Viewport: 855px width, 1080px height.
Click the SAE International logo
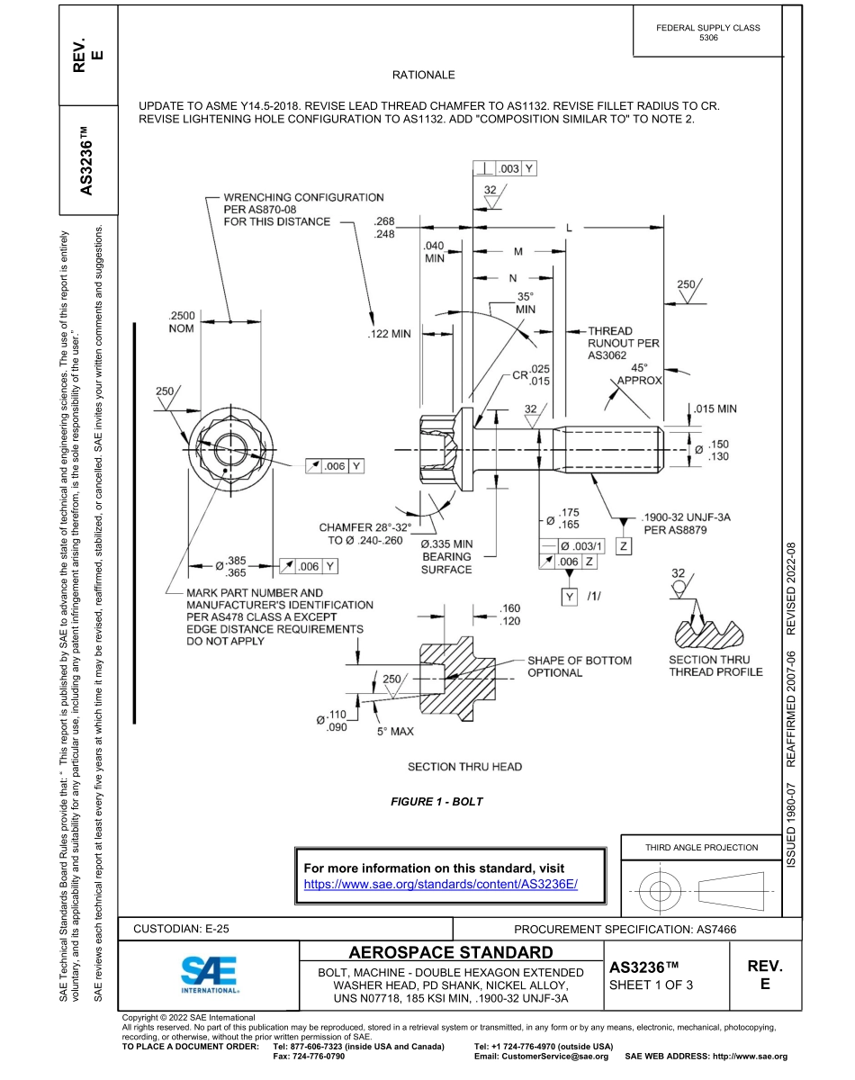coord(209,974)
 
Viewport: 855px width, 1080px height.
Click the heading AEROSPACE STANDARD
coord(451,952)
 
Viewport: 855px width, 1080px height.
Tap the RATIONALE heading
coord(424,75)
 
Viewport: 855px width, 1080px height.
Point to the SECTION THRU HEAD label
coord(464,767)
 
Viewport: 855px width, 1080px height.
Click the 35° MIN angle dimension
coord(526,302)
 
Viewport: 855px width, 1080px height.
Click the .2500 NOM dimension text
coord(186,321)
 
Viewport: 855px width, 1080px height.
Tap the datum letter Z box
coord(623,545)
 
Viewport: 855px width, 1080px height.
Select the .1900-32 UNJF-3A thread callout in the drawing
coord(687,524)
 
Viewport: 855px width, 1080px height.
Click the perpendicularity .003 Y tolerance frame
coord(505,168)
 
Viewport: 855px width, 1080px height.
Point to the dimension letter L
coord(568,228)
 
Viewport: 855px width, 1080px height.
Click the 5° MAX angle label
coord(395,731)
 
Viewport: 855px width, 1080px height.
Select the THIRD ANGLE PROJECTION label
coord(701,847)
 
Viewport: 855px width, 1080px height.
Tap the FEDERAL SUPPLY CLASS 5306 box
coord(708,32)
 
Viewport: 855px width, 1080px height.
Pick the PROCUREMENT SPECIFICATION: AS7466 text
coord(625,928)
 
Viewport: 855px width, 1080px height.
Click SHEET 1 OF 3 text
coord(652,984)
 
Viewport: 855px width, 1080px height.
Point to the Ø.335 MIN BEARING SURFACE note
coord(446,556)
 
